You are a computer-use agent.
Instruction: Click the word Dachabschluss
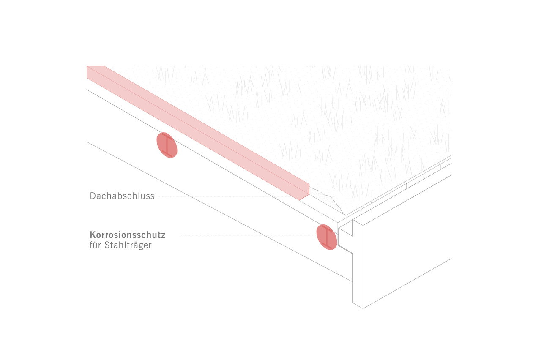(122, 196)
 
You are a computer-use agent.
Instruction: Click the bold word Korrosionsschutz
(128, 235)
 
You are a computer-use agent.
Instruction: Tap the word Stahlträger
(128, 245)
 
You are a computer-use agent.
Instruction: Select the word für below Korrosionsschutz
(95, 245)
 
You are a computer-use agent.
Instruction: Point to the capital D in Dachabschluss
(93, 196)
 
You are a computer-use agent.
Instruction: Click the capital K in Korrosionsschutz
(93, 235)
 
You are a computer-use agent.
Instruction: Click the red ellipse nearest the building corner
(327, 237)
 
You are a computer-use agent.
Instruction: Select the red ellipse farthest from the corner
(167, 145)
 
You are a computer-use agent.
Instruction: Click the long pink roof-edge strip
(198, 133)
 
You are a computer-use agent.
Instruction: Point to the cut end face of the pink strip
(304, 192)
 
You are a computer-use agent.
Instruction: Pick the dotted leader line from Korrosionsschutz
(248, 235)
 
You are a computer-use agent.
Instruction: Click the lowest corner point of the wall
(363, 308)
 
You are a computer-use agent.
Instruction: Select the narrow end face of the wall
(358, 264)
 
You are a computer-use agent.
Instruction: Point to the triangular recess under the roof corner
(345, 231)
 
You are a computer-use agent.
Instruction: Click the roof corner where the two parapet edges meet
(345, 215)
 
